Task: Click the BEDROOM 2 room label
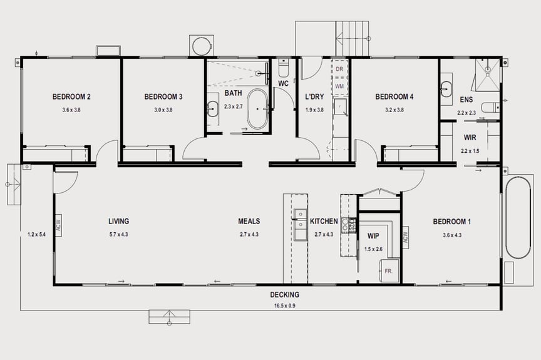point(71,97)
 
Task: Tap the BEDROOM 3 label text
point(163,97)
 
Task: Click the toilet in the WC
point(283,67)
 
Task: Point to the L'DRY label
point(314,97)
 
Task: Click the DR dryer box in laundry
point(339,68)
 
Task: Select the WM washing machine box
point(339,86)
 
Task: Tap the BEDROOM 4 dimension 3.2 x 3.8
point(394,110)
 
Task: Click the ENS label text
point(466,100)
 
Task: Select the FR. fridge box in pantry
point(389,270)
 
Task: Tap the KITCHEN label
point(324,222)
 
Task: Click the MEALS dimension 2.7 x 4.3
point(249,235)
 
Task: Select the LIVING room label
point(118,222)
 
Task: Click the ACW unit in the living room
point(59,225)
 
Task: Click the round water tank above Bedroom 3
point(202,46)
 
